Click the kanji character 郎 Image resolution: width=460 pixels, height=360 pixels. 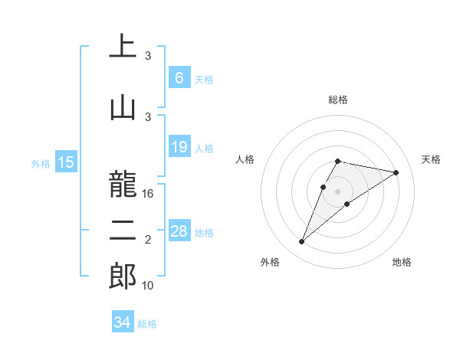pos(123,276)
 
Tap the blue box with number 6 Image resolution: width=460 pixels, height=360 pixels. pos(179,77)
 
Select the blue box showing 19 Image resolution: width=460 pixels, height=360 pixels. pos(179,147)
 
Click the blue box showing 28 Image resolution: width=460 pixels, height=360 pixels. pos(179,231)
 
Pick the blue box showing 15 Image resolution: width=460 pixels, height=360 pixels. pos(66,162)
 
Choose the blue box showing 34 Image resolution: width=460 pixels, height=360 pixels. pos(122,322)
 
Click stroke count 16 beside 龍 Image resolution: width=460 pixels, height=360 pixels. pos(149,194)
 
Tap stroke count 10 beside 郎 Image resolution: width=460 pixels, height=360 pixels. pos(149,286)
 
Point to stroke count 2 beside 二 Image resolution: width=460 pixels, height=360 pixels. pos(149,241)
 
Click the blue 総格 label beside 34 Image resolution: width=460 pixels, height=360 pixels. pos(147,324)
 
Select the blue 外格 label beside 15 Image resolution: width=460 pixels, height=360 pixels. pos(41,163)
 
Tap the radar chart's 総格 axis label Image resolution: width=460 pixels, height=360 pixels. pos(338,100)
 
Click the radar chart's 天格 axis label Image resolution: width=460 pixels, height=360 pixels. pos(432,159)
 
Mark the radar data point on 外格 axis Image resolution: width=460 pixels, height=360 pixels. pos(301,242)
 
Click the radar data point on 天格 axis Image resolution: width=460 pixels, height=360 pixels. pos(396,172)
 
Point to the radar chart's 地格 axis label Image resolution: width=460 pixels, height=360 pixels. pos(402,263)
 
